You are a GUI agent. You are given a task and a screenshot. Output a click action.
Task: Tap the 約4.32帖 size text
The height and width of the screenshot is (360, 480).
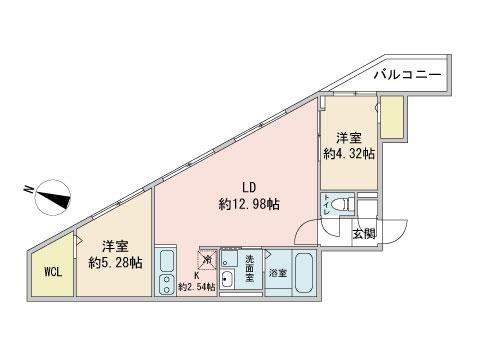point(349,154)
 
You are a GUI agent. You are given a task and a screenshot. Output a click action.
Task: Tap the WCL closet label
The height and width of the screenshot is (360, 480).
point(52,271)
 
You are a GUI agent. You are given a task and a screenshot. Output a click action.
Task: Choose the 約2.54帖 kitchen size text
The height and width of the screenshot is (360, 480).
point(196,287)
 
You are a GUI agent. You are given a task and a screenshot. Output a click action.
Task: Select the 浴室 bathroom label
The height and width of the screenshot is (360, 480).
point(277,273)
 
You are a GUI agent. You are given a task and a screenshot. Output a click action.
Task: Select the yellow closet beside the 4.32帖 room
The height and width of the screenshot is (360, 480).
point(391,119)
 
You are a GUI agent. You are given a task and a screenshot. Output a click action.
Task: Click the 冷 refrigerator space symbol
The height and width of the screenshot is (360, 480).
point(206,260)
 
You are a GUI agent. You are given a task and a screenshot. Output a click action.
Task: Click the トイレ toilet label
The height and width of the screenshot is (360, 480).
point(326,204)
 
